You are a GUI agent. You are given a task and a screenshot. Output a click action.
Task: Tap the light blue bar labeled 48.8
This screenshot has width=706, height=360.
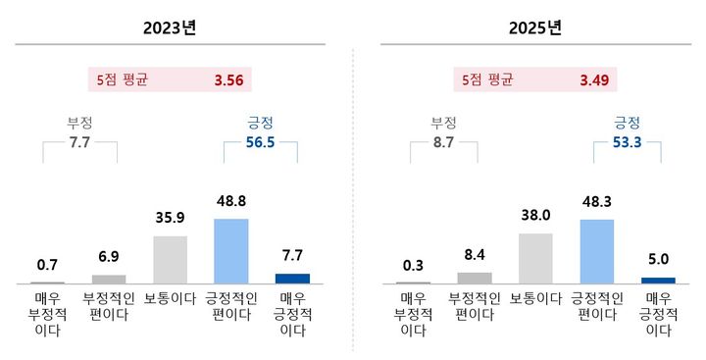click(230, 251)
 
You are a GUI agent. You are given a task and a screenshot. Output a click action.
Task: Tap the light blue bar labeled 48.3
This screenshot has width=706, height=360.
click(597, 251)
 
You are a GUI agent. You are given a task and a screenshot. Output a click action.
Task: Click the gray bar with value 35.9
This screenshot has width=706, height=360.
click(170, 260)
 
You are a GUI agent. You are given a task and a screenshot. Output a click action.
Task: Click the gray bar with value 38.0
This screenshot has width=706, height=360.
click(535, 258)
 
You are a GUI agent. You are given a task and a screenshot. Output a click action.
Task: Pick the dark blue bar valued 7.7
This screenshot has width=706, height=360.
click(292, 279)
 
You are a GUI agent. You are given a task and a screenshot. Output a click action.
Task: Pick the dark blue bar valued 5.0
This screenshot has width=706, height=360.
click(658, 280)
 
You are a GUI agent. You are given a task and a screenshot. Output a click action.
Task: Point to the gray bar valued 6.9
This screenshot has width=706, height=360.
click(108, 279)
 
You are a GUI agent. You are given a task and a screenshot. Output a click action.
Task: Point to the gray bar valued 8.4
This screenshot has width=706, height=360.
click(475, 278)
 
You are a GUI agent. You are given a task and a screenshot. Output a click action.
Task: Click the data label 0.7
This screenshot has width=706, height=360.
click(47, 266)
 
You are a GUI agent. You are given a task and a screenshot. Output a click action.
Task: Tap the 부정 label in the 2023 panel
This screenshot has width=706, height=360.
click(78, 123)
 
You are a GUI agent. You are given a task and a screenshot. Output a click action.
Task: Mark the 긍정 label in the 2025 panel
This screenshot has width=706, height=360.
click(627, 123)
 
